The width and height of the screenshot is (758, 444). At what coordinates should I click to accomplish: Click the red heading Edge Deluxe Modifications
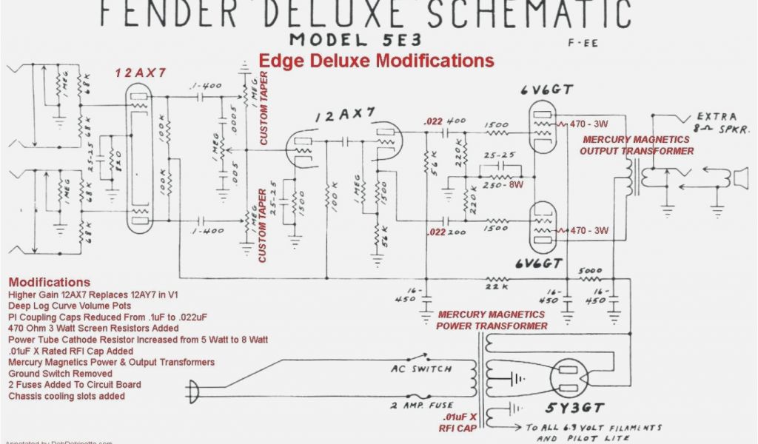(x=376, y=60)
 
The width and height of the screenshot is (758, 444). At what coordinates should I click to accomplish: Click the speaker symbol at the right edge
(x=739, y=178)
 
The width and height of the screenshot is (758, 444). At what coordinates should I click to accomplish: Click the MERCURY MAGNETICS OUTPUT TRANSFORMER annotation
(x=636, y=145)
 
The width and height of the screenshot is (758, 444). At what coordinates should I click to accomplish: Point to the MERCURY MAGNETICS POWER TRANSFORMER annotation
(x=492, y=320)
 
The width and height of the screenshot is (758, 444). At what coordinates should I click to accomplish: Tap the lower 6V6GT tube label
(x=543, y=264)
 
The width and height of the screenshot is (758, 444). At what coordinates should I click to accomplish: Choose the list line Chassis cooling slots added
(x=67, y=396)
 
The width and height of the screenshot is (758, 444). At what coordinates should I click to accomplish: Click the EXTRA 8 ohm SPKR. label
(x=711, y=122)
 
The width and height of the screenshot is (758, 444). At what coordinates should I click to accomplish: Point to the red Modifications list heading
(x=49, y=282)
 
